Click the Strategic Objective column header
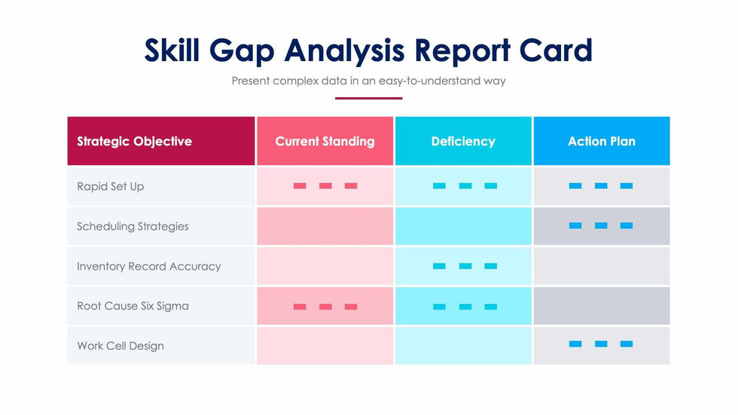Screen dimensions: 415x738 134,142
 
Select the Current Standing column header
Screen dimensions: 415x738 325,142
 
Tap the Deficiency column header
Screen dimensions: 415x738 463,142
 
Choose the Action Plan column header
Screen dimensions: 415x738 601,142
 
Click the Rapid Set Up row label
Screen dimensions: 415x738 110,186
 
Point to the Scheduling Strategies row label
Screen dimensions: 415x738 133,226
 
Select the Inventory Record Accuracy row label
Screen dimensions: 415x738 148,266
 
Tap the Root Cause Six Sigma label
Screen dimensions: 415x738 133,306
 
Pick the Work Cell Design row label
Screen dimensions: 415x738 120,346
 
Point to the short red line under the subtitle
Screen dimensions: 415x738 369,98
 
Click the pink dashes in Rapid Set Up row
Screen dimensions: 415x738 325,185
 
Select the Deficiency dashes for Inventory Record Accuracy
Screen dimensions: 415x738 465,266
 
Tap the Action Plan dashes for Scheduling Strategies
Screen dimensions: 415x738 601,225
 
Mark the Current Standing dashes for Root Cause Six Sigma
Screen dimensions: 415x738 325,307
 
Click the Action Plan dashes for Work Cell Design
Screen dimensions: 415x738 601,344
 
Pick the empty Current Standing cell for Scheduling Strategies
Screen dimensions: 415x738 325,226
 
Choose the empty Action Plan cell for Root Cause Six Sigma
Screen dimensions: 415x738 601,306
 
